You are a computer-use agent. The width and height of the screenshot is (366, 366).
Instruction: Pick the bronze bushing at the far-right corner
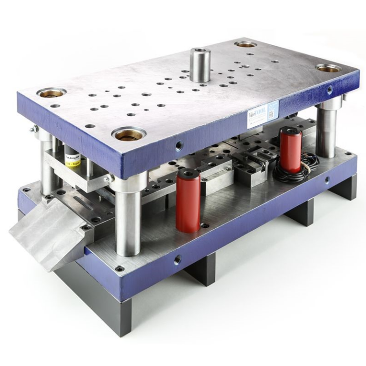(x=329, y=68)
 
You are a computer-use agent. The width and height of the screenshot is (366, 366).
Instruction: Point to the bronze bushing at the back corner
(x=246, y=44)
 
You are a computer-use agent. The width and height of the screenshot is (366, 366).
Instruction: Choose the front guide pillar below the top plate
(x=128, y=214)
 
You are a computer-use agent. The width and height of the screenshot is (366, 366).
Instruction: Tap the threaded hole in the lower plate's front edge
(x=178, y=260)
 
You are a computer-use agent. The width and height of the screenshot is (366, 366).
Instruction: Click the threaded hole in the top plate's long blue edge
(x=179, y=145)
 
